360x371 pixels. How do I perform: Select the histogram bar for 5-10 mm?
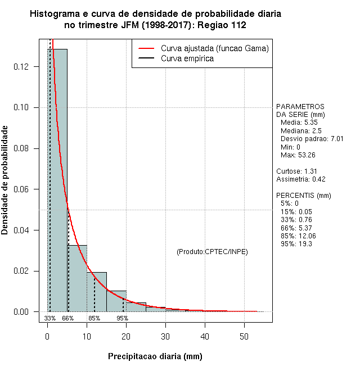(x=77, y=278)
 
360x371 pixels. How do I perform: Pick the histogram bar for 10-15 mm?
(x=97, y=292)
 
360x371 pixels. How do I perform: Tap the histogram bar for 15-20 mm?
(x=116, y=301)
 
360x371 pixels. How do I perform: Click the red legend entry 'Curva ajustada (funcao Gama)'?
(x=214, y=49)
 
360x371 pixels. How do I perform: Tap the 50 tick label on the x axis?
(x=244, y=337)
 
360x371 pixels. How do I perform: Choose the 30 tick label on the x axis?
(x=165, y=337)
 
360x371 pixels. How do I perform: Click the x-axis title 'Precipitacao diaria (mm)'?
(x=155, y=356)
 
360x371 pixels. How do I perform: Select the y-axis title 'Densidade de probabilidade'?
(x=5, y=180)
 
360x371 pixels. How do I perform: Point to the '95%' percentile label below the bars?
(x=122, y=318)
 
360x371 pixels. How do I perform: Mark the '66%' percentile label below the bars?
(x=67, y=318)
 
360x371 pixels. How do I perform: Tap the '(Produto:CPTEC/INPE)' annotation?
(x=212, y=251)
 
